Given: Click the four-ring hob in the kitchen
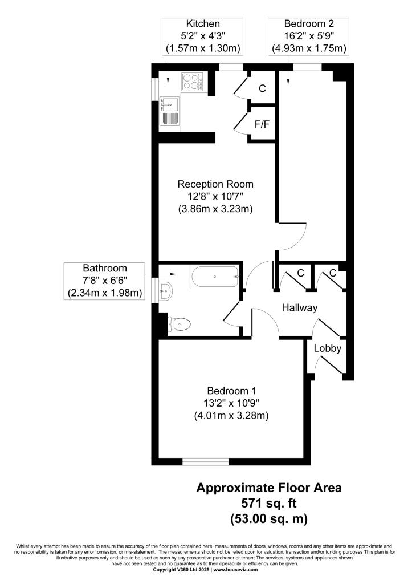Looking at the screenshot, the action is (x=192, y=82).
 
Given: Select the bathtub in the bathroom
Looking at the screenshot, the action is (x=215, y=277).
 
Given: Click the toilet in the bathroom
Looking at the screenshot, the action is (x=180, y=324).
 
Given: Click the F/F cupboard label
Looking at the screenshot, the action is (x=262, y=124).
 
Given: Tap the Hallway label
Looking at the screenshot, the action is (x=300, y=307).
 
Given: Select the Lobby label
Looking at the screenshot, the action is (x=328, y=348).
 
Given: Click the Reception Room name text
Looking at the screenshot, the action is (x=215, y=184).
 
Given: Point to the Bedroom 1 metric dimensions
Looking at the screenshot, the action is (x=231, y=415).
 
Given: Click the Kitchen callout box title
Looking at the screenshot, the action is (x=203, y=24).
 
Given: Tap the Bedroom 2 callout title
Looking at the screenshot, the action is (x=309, y=24).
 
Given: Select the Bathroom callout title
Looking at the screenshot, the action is (x=105, y=268).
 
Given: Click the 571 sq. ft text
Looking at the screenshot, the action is (x=269, y=503).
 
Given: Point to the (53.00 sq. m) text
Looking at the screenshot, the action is (x=269, y=518).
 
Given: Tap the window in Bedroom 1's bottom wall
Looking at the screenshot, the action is (x=206, y=462).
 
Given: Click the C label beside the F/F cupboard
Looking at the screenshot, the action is (x=262, y=88).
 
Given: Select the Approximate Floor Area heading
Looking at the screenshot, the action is (x=269, y=488).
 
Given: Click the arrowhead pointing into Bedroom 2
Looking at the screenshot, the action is (x=289, y=83).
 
